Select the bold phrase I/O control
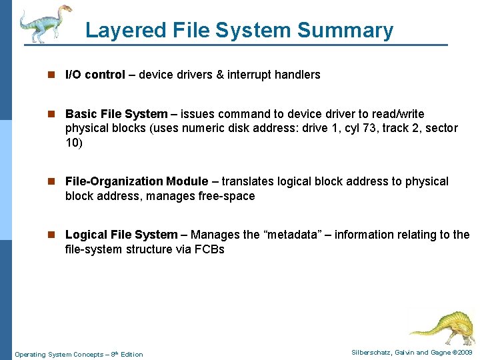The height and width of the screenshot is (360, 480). point(95,75)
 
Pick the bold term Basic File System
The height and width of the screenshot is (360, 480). point(116,114)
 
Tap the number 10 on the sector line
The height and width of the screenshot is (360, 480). point(73,143)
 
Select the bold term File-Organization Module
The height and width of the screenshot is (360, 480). point(137,181)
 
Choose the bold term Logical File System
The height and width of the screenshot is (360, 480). point(121,235)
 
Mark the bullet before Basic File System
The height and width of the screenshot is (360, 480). point(55,115)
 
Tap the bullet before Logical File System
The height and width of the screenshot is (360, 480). point(55,235)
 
